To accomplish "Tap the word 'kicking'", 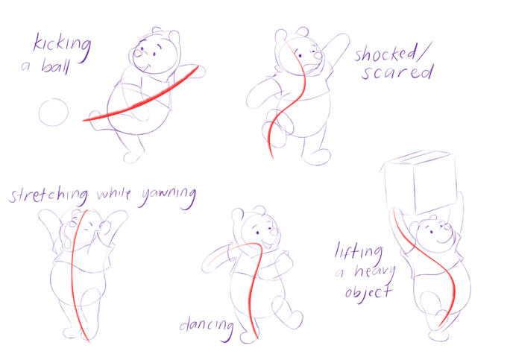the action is point(62,48).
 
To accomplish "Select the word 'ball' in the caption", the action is point(56,66).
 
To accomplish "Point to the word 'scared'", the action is point(397,72).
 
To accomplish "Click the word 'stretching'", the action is point(48,195).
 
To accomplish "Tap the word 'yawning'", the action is point(169,197).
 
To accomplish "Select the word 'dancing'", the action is point(207,326).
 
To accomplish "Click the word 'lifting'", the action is point(359,253).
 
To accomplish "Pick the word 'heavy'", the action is point(375,271).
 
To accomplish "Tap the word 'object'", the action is point(368,293).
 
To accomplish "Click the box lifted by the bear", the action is point(419,182).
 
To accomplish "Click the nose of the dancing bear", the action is point(274,233).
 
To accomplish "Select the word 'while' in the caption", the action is point(114,194).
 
